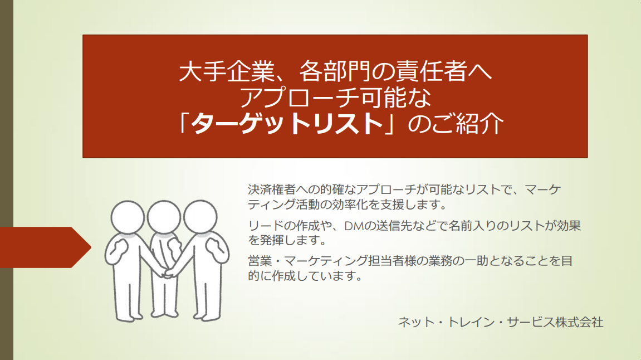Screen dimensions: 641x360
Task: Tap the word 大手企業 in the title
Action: point(226,71)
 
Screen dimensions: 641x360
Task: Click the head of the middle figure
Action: point(164,217)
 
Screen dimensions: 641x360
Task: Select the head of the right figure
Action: point(200,217)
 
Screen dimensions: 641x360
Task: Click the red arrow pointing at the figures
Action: point(45,247)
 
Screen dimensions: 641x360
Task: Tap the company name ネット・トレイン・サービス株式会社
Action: point(500,322)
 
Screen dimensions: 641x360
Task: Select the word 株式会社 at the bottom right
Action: point(579,322)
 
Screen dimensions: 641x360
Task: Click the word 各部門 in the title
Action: point(334,71)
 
